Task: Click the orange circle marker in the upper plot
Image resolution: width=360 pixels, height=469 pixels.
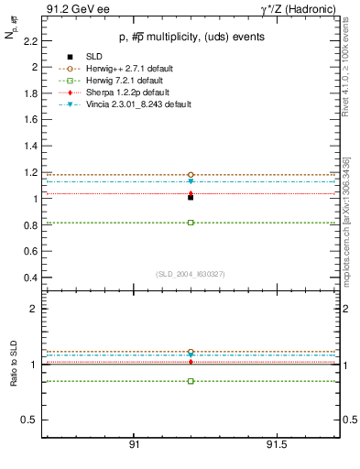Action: point(191,174)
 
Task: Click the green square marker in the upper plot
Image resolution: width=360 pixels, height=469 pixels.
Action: point(191,223)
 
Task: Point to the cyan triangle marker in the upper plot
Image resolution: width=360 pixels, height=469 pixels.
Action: point(191,181)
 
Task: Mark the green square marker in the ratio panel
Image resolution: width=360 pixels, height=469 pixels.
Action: point(191,381)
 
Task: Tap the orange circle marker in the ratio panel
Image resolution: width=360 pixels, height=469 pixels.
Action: point(191,352)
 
